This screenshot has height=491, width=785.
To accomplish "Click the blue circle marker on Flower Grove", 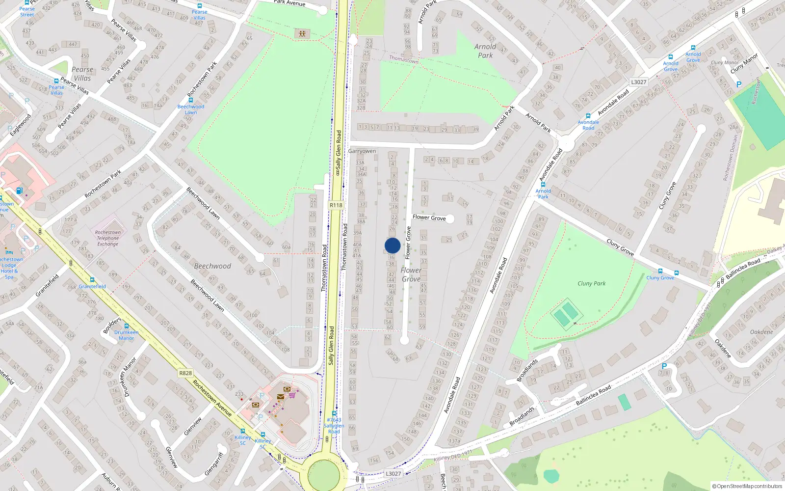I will [x=392, y=245].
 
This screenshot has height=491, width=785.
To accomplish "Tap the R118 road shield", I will [x=336, y=205].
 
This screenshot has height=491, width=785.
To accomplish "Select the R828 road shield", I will [x=185, y=373].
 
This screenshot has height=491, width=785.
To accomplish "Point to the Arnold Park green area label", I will [x=485, y=51].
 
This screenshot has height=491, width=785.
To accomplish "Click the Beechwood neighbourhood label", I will [x=212, y=266].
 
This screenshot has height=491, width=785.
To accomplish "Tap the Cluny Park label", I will [x=591, y=283].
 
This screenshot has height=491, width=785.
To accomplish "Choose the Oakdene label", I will [x=761, y=332].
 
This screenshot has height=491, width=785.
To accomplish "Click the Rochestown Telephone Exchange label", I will [x=108, y=238].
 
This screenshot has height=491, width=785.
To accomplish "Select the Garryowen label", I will [x=362, y=151].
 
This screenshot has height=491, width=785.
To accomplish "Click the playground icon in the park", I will [x=302, y=33].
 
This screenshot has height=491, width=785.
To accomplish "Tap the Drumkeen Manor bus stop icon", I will [x=127, y=326].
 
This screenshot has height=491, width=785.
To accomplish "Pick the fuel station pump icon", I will [x=19, y=191].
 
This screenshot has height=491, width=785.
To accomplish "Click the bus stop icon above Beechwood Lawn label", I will [x=191, y=100].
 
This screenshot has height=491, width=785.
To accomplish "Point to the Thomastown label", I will [x=404, y=59].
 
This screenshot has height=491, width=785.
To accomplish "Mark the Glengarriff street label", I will [x=214, y=464].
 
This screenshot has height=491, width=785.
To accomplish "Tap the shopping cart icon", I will [x=292, y=394].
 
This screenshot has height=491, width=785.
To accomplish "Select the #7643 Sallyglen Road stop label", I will [x=334, y=426].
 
